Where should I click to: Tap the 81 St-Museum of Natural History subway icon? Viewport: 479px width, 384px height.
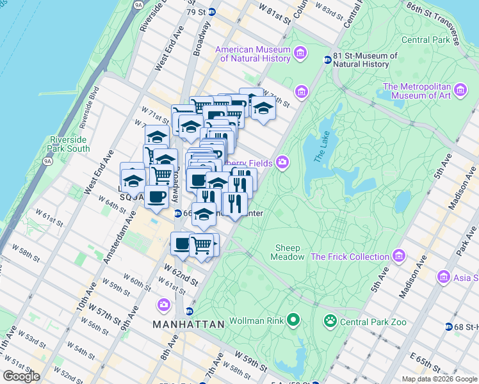[x=327, y=60]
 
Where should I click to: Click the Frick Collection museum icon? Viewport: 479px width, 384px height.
[x=400, y=257]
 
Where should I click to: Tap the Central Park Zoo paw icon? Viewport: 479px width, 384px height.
[x=330, y=321]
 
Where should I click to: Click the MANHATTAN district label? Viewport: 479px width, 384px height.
[x=188, y=324]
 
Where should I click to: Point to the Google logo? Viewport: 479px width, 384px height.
[x=22, y=376]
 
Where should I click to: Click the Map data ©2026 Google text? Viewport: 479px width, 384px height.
[x=439, y=379]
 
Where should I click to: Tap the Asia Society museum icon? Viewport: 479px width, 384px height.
[x=443, y=277]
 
